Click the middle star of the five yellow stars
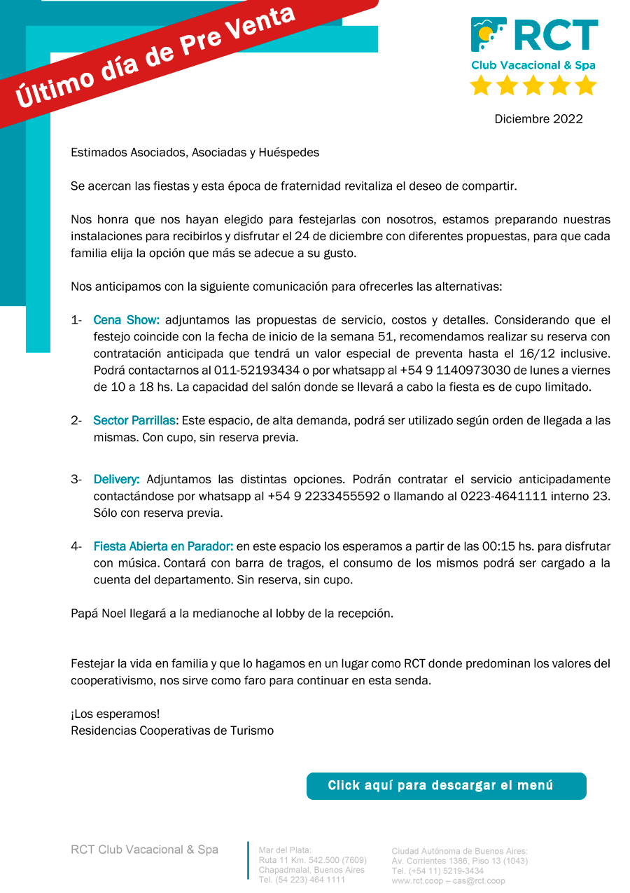pos(533,85)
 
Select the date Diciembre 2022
pos(538,119)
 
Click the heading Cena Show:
pos(127,320)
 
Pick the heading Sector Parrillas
pos(135,420)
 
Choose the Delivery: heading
pos(116,479)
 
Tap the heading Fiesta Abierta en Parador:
pos(163,546)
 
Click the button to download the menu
pos(446,786)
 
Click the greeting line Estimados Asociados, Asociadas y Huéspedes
pos(195,152)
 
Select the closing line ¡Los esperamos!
pos(115,714)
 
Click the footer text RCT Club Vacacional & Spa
pos(144,850)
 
